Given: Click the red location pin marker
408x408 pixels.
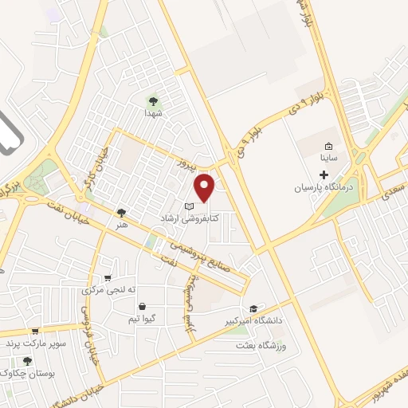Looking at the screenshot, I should [x=206, y=186].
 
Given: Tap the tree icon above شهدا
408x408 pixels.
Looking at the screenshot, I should [x=152, y=101].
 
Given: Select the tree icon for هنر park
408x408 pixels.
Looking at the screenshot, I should [x=121, y=213].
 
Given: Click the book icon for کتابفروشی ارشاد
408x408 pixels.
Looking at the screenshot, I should [x=189, y=206].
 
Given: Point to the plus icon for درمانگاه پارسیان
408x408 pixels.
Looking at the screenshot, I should [x=324, y=174].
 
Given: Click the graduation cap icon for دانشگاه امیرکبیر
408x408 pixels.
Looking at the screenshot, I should [x=253, y=308].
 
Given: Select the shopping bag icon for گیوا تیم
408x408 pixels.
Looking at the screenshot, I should [x=142, y=306].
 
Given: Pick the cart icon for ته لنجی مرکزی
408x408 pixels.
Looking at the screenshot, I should [x=108, y=277].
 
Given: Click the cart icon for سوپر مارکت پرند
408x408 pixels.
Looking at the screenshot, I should [x=34, y=331].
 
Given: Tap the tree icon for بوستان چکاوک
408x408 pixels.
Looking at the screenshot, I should [x=27, y=361].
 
